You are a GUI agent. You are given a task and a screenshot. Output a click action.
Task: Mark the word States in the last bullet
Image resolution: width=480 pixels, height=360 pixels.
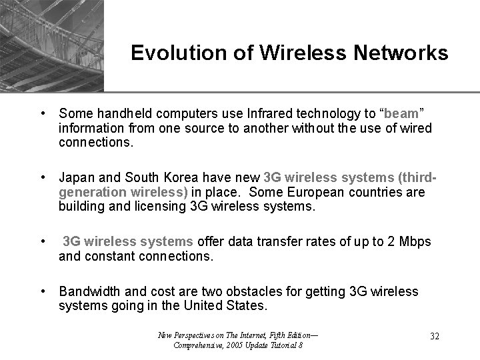pos(248,305)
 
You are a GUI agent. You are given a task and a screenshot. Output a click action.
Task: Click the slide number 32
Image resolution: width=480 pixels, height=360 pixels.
pos(434,336)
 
